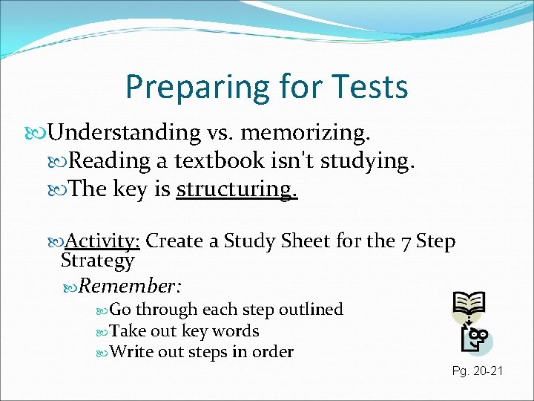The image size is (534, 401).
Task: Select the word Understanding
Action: (x=125, y=133)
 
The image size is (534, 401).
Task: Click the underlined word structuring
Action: (x=237, y=189)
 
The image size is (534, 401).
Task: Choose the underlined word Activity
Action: (x=104, y=241)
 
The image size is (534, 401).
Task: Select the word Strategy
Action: (x=97, y=261)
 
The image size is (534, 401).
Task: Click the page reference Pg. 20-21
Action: (x=477, y=369)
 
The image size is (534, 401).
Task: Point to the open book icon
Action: (x=469, y=303)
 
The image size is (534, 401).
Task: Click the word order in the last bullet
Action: (x=274, y=352)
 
